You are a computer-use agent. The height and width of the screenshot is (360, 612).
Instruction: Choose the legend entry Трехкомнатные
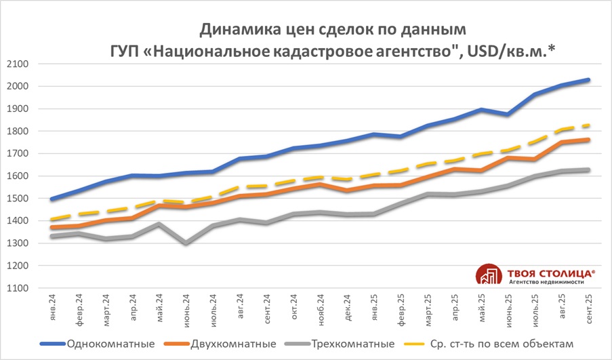click(353, 343)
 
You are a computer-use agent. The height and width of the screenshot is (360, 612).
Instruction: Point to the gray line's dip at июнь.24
click(186, 243)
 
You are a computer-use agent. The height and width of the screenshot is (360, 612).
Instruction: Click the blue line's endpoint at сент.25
click(587, 80)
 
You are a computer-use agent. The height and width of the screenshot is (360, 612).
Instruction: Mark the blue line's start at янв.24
click(53, 199)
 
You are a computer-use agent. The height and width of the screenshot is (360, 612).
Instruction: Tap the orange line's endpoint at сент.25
click(587, 140)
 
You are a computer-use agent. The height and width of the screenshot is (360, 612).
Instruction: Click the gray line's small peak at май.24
click(159, 224)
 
